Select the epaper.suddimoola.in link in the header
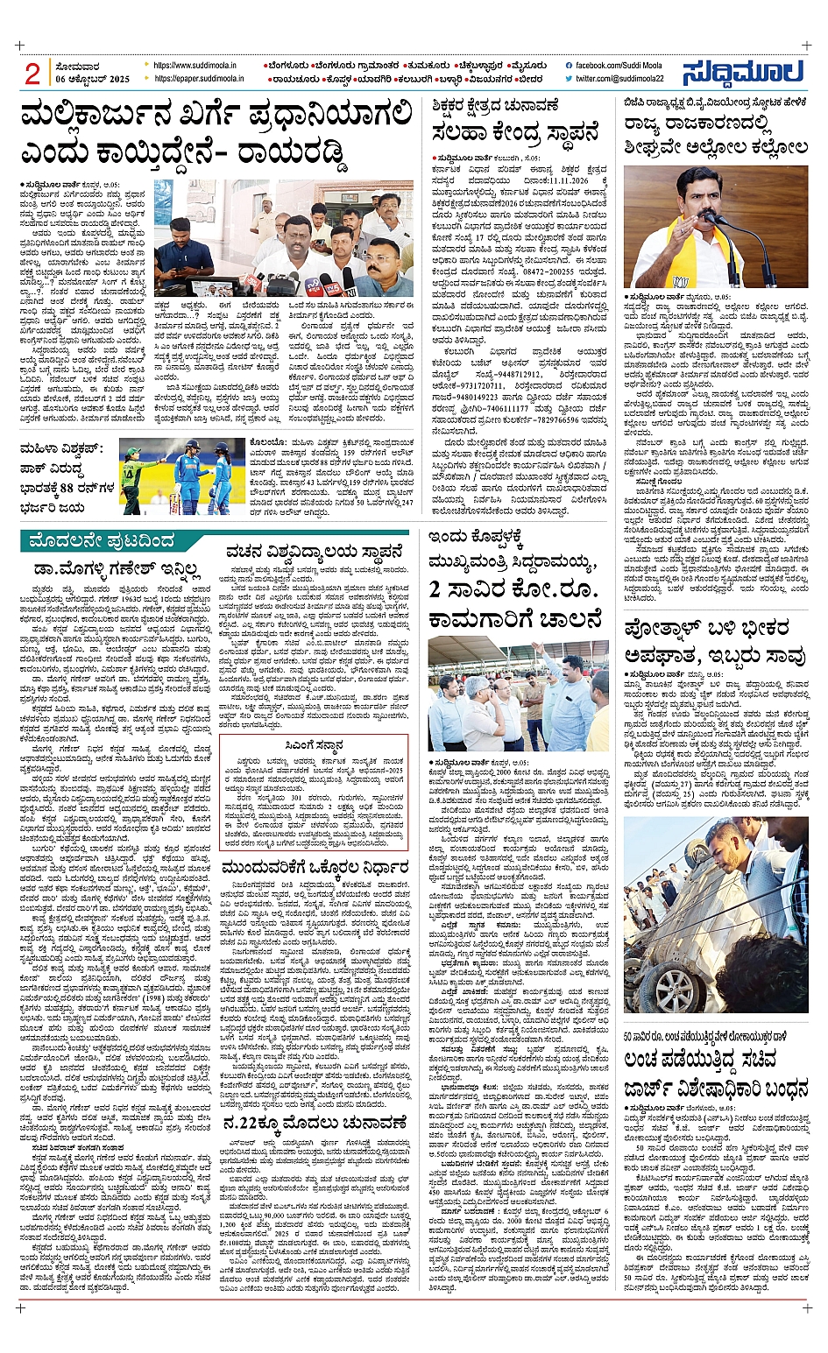tap(199, 79)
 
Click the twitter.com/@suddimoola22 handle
tap(619, 79)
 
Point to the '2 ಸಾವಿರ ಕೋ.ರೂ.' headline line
tap(515, 588)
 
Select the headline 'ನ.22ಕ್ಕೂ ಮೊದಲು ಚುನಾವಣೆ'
tap(315, 1122)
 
